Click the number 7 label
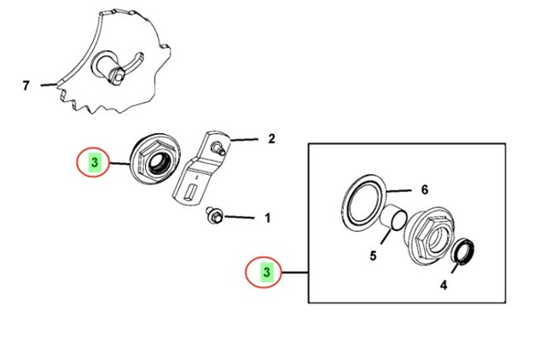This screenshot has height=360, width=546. click(26, 85)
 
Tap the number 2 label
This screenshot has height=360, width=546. click(271, 138)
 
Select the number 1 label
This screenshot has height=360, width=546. click(267, 218)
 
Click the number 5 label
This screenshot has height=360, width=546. click(372, 254)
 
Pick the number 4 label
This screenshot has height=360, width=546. click(443, 287)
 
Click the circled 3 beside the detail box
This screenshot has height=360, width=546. click(267, 272)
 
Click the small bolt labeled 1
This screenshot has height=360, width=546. click(215, 216)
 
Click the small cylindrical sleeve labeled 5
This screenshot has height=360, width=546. click(394, 220)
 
